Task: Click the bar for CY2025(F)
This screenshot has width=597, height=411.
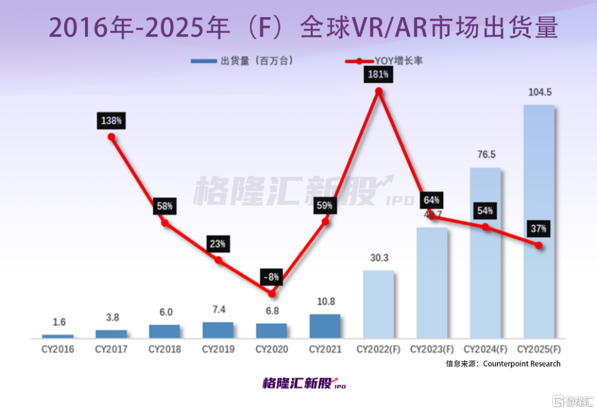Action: pos(538,221)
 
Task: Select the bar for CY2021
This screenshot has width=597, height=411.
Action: pos(324,326)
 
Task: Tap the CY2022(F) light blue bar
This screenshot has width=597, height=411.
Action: pos(378,304)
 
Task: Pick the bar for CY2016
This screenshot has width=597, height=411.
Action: pos(57,336)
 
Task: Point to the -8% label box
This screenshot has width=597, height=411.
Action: pos(271,276)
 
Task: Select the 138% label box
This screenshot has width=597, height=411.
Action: pos(112,120)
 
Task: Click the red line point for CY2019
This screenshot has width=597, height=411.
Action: pos(218,260)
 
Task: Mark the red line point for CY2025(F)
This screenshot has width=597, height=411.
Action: pos(540,246)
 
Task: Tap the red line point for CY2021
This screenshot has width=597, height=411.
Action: pos(325,222)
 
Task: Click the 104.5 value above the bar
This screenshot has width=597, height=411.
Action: pos(538,92)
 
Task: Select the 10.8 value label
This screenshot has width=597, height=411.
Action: pos(324,302)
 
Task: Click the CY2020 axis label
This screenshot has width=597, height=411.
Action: pos(271,350)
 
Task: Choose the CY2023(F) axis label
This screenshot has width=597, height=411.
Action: pos(432,350)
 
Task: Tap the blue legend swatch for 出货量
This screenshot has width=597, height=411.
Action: pos(203,61)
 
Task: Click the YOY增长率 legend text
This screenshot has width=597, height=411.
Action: pos(399,61)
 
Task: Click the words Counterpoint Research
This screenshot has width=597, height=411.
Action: pos(522,363)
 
